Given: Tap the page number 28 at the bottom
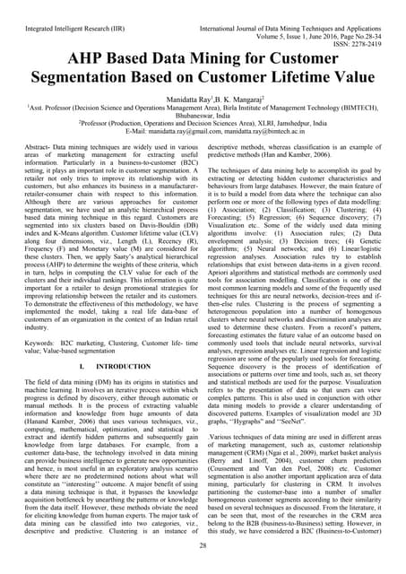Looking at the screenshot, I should click(x=203, y=545).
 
